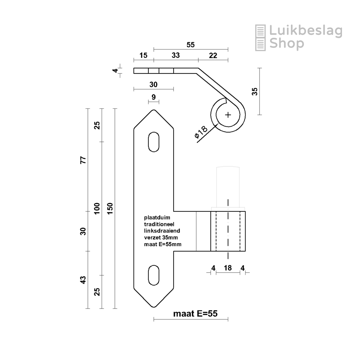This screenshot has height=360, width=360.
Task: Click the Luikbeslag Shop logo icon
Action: pyautogui.click(x=261, y=37)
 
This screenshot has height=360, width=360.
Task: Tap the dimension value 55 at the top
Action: pyautogui.click(x=190, y=45)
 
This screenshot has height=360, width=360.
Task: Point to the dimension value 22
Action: pyautogui.click(x=213, y=56)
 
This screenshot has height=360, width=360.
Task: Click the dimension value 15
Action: pyautogui.click(x=143, y=56)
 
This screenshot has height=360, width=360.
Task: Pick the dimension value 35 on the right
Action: pyautogui.click(x=255, y=91)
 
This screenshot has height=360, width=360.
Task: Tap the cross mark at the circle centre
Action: pyautogui.click(x=228, y=115)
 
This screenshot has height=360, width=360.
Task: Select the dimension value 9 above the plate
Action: pyautogui.click(x=154, y=97)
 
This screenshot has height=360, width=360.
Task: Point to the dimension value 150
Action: pyautogui.click(x=110, y=208)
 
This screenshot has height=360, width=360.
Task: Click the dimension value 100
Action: pyautogui.click(x=96, y=208)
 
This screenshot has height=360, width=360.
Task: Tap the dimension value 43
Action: pyautogui.click(x=83, y=280)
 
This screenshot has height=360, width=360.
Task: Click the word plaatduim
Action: pyautogui.click(x=157, y=218)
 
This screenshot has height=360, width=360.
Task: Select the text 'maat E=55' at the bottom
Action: pyautogui.click(x=195, y=314)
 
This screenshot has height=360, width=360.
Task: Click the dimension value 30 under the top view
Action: pyautogui.click(x=153, y=84)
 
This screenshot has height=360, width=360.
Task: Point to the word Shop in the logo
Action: pyautogui.click(x=287, y=44)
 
